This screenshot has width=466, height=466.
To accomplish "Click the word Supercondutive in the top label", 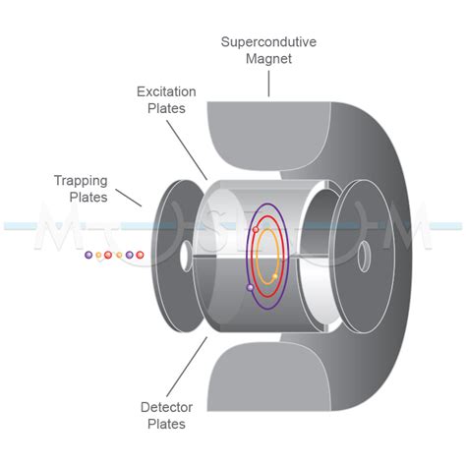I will coord(267,42).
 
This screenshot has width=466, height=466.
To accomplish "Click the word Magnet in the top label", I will coord(267,61).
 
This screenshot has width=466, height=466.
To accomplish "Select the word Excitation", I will coord(166,91).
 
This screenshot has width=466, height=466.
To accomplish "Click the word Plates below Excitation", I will coord(166,109).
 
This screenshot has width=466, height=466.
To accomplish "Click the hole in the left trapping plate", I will coord(184,257).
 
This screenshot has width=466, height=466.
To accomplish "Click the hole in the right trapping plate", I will coord(364,259).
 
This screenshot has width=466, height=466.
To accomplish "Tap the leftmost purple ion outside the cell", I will coord(88,256).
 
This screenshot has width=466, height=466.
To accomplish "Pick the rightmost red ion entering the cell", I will coord(140,256).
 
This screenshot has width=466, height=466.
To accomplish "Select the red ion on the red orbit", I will coord(256,229).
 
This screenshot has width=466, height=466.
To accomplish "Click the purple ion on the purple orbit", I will coord(251,288).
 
